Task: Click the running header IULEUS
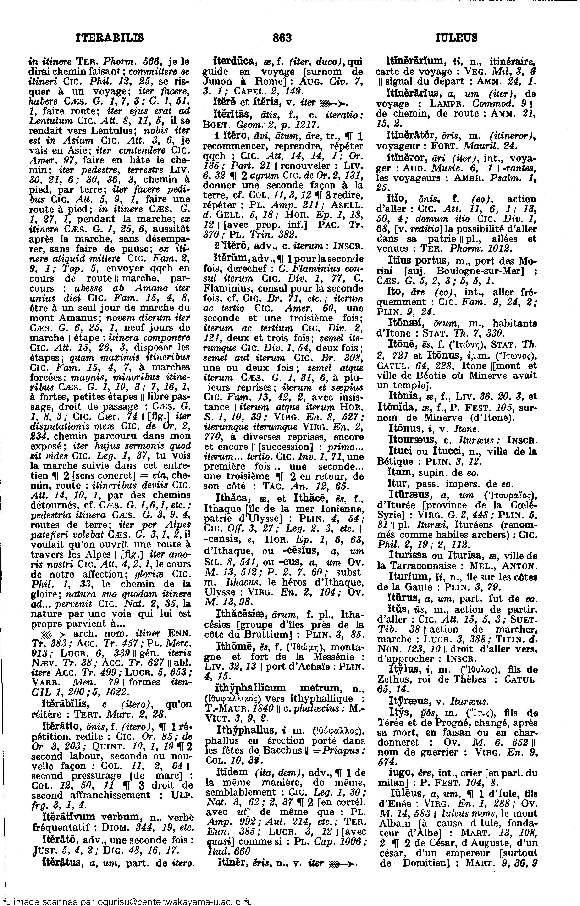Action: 456,38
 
